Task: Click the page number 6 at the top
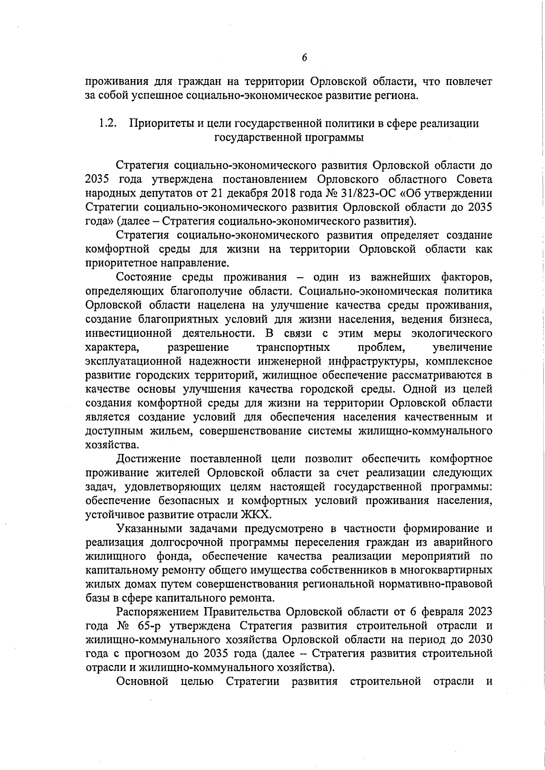click(304, 57)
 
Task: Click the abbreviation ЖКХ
click(258, 515)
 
